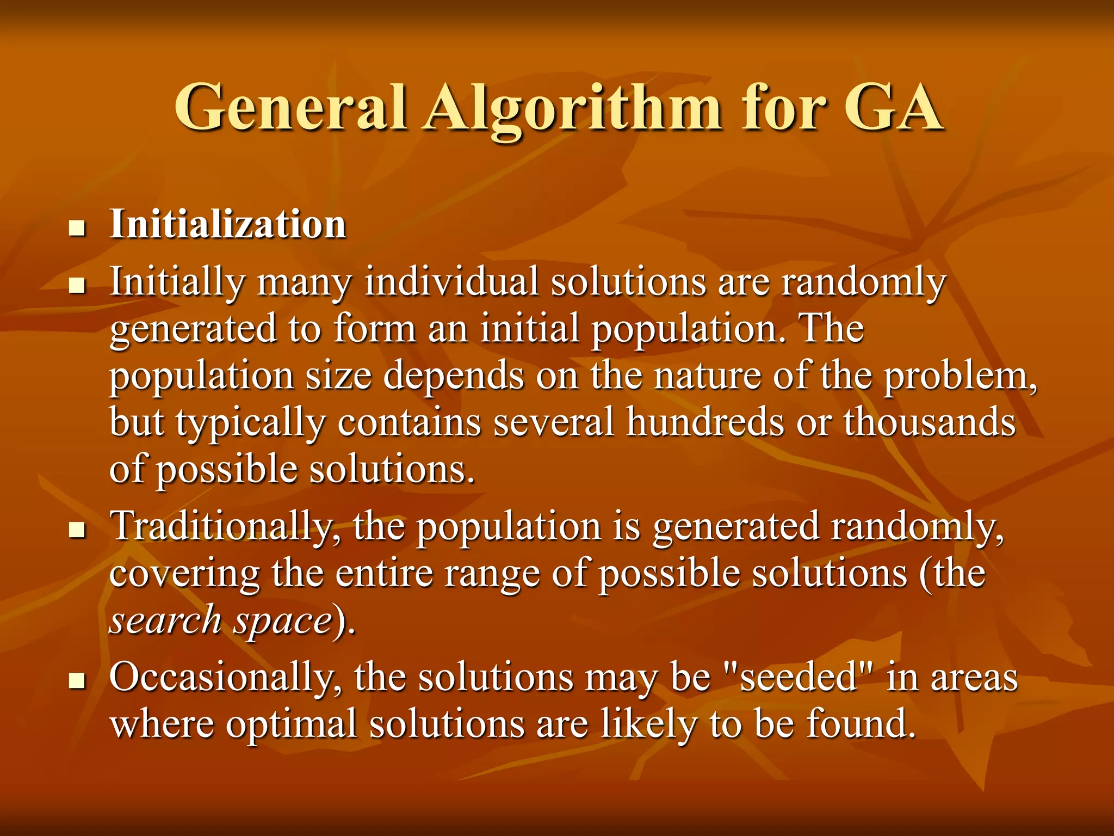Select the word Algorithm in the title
pyautogui.click(x=574, y=109)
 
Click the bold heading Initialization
pyautogui.click(x=228, y=224)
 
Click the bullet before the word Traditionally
pyautogui.click(x=78, y=530)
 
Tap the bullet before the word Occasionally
pyautogui.click(x=78, y=680)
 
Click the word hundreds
pyautogui.click(x=705, y=422)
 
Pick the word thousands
pyautogui.click(x=929, y=422)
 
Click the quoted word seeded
pyautogui.click(x=799, y=678)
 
